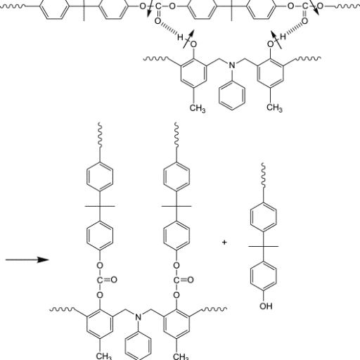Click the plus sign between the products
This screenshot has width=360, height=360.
[x=224, y=242]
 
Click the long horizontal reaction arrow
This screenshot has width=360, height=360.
[x=27, y=259]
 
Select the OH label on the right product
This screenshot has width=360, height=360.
[x=266, y=306]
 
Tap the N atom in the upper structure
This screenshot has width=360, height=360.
[x=232, y=65]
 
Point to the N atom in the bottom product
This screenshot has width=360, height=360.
[x=139, y=317]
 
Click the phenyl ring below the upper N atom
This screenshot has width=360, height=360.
[x=232, y=96]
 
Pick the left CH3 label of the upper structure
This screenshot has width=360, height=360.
[x=198, y=108]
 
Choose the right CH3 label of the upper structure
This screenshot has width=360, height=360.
[x=274, y=108]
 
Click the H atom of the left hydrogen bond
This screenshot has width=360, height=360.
[x=180, y=37]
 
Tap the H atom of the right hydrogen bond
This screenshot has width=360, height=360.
[x=283, y=37]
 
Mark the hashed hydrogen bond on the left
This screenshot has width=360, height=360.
[x=169, y=29]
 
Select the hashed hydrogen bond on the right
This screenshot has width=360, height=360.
[x=294, y=29]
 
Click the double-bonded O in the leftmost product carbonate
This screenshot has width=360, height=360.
[x=114, y=280]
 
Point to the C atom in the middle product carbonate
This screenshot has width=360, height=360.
[x=176, y=280]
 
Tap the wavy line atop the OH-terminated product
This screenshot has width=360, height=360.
[x=264, y=175]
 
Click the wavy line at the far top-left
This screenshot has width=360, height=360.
[x=13, y=6]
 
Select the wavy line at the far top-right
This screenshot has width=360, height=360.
[x=347, y=6]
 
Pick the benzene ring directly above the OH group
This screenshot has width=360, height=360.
[x=264, y=276]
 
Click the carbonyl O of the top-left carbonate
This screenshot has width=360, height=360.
[x=158, y=21]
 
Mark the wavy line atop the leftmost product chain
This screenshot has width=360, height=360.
[x=100, y=135]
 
